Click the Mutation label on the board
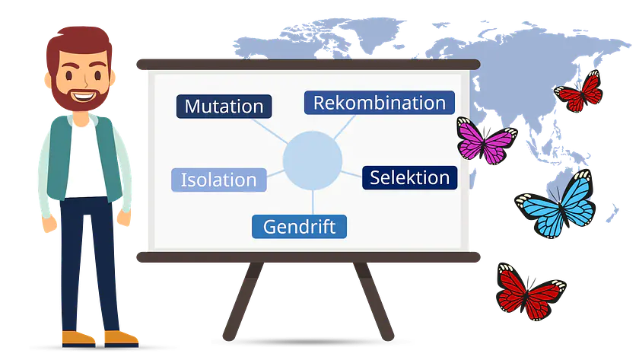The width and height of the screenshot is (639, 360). (x=224, y=107)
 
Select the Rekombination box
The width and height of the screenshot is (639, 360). (x=379, y=103)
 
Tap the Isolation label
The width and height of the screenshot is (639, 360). (x=218, y=180)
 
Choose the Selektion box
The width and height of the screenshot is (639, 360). (x=409, y=177)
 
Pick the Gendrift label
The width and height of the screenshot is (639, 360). (x=299, y=226)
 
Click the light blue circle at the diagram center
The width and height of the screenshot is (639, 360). (x=312, y=161)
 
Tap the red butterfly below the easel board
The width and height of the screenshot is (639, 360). (x=529, y=290)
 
